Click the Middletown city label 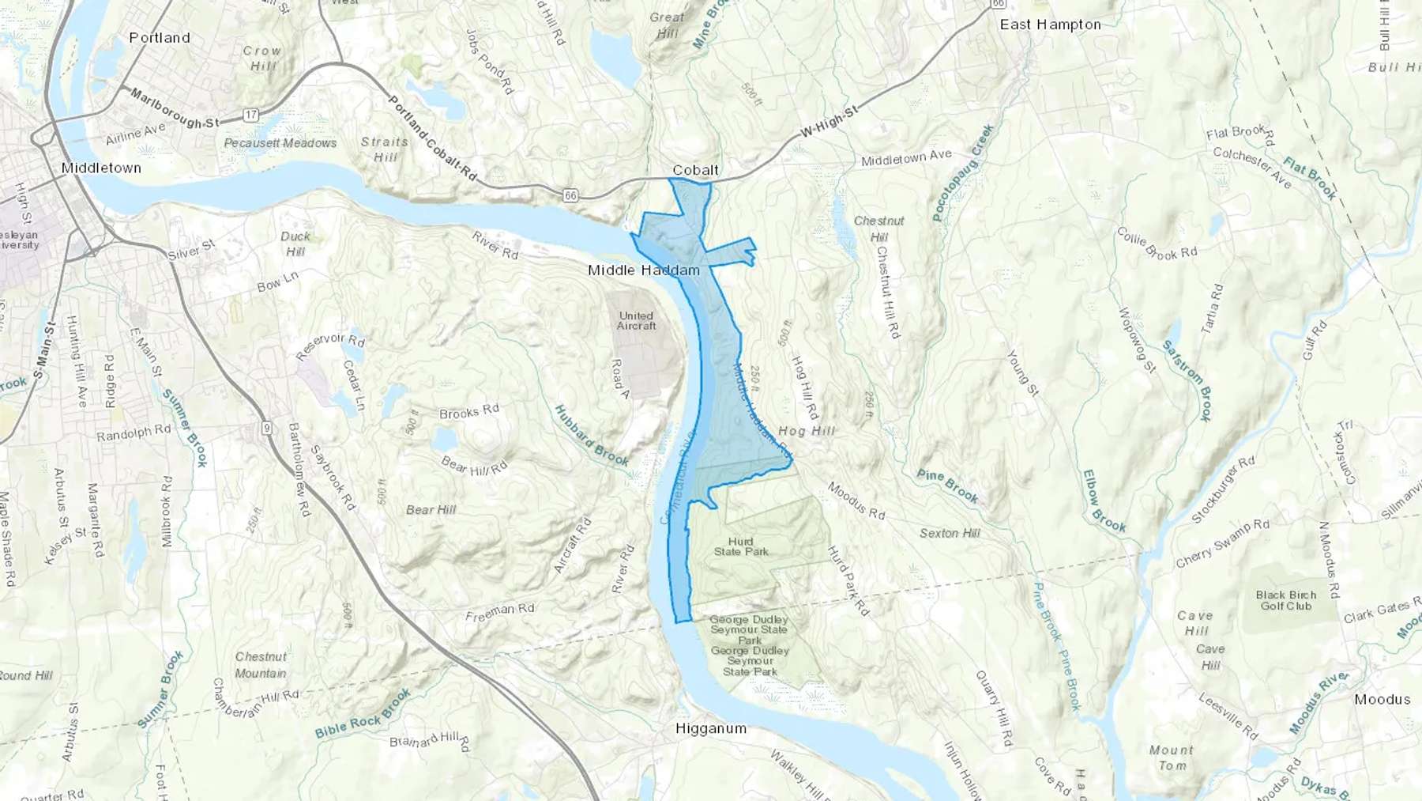pyautogui.click(x=101, y=168)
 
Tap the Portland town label pyautogui.click(x=160, y=38)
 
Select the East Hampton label pyautogui.click(x=1050, y=25)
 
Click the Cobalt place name pyautogui.click(x=695, y=170)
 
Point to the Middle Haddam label pyautogui.click(x=644, y=270)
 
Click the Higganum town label pyautogui.click(x=710, y=728)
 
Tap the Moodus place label pyautogui.click(x=1382, y=699)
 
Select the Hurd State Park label pyautogui.click(x=741, y=546)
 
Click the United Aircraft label pyautogui.click(x=637, y=320)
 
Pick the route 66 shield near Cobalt pyautogui.click(x=570, y=195)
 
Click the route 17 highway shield pyautogui.click(x=250, y=115)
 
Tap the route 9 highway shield pyautogui.click(x=267, y=428)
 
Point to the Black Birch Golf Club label pyautogui.click(x=1286, y=600)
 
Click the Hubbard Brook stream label pyautogui.click(x=592, y=436)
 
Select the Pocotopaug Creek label pyautogui.click(x=963, y=172)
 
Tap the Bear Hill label pyautogui.click(x=431, y=510)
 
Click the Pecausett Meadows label pyautogui.click(x=280, y=143)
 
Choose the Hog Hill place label pyautogui.click(x=806, y=431)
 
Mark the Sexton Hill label pyautogui.click(x=950, y=534)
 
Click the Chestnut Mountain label pyautogui.click(x=261, y=665)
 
